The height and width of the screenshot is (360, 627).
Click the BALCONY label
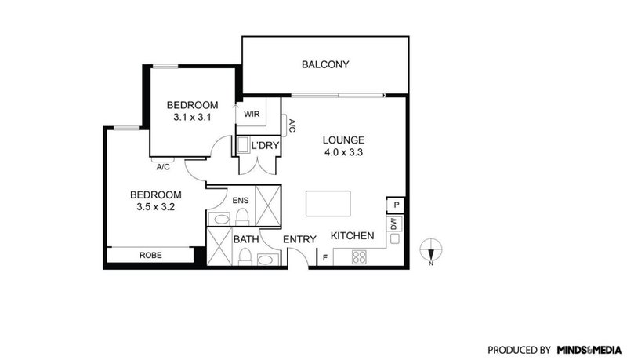tap(324, 65)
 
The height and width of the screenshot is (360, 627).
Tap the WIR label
tap(252, 114)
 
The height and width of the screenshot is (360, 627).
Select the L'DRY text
tap(265, 146)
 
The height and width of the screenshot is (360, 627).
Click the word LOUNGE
tap(343, 141)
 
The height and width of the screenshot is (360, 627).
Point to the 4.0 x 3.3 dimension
tap(343, 154)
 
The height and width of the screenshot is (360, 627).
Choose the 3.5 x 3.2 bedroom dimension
tap(155, 207)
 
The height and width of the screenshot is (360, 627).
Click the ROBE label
tap(150, 255)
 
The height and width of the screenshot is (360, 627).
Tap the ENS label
tap(241, 202)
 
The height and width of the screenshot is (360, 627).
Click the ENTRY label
tap(299, 239)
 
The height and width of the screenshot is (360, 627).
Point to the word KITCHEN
tap(352, 236)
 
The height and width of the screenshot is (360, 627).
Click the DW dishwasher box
tap(395, 225)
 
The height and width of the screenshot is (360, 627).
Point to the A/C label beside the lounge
tap(292, 125)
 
